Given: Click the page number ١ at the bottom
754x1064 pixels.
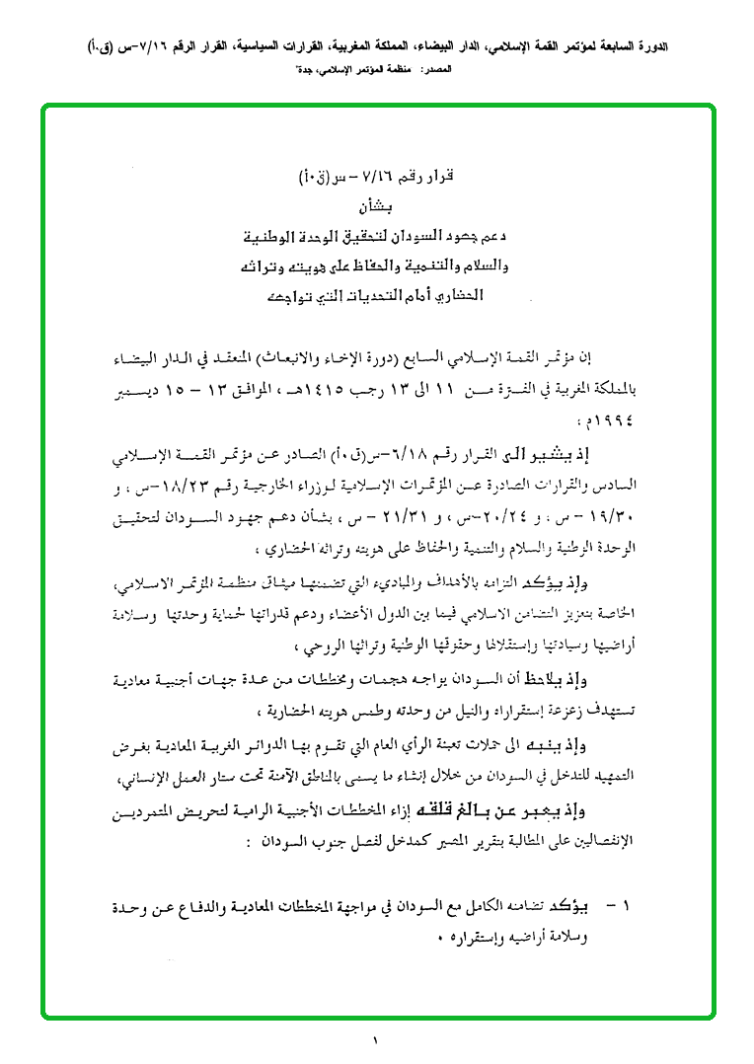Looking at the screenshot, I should point(376,1038).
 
